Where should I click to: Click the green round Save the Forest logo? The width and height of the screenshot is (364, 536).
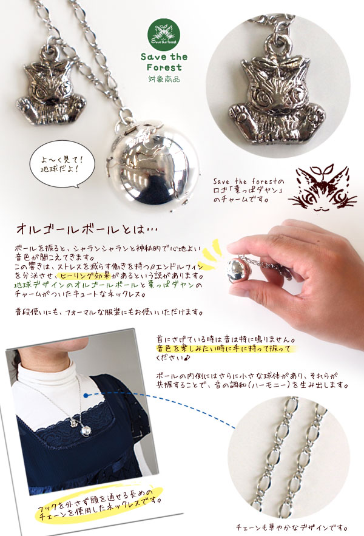tap(164, 35)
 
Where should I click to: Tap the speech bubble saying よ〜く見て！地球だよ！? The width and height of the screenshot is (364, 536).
tap(62, 166)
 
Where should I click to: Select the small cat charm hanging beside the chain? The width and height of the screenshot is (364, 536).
tap(52, 88)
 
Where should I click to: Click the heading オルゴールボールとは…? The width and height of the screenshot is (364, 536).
tap(87, 229)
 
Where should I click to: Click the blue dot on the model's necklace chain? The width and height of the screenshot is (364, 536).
tap(86, 396)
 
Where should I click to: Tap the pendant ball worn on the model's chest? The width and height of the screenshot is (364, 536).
tap(84, 432)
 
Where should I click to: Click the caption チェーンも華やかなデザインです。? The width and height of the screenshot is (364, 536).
tap(292, 528)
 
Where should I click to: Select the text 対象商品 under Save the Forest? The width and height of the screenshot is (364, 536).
tap(164, 79)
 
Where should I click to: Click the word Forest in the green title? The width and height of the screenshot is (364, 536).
tap(164, 67)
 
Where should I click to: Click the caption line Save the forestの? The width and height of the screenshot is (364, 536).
tap(248, 181)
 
